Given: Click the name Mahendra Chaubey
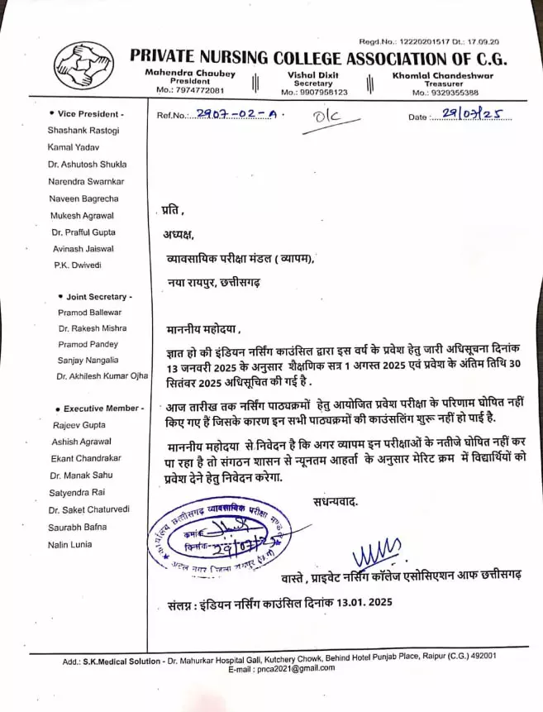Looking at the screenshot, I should pos(190,74).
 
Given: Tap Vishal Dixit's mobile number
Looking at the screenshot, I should pos(314,92).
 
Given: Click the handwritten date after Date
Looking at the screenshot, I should pos(472,115).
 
